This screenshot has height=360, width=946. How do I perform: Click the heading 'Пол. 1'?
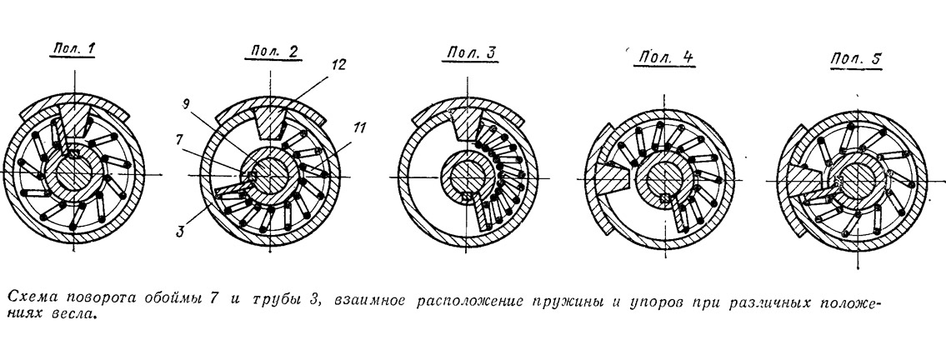[74, 49]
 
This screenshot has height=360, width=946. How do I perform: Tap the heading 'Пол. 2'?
[272, 52]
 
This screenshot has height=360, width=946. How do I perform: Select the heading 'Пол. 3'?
[471, 53]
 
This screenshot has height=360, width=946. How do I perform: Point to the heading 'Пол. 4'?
[665, 57]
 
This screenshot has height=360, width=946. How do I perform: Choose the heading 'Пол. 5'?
[855, 60]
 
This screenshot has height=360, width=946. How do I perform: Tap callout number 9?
[187, 103]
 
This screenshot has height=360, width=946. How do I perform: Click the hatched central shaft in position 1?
[73, 173]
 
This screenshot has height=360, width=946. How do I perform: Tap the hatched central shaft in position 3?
[466, 176]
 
